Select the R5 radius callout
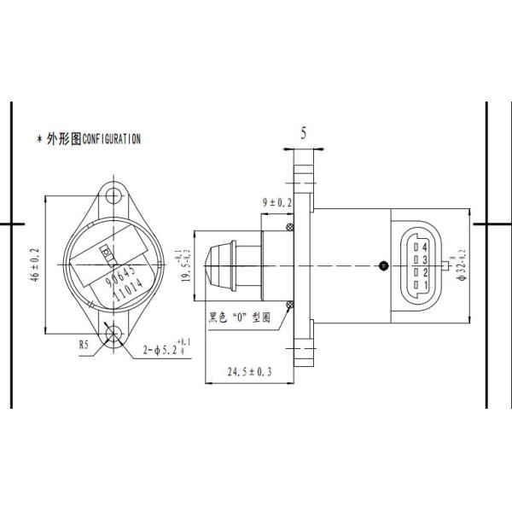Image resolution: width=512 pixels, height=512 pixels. pyautogui.click(x=84, y=346)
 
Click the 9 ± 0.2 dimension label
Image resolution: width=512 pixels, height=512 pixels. pyautogui.click(x=276, y=202)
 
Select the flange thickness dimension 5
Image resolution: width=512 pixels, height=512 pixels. pyautogui.click(x=304, y=132)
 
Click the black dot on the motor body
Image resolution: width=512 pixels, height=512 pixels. pyautogui.click(x=383, y=265)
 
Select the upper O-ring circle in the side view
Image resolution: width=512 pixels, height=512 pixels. pyautogui.click(x=290, y=227)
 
